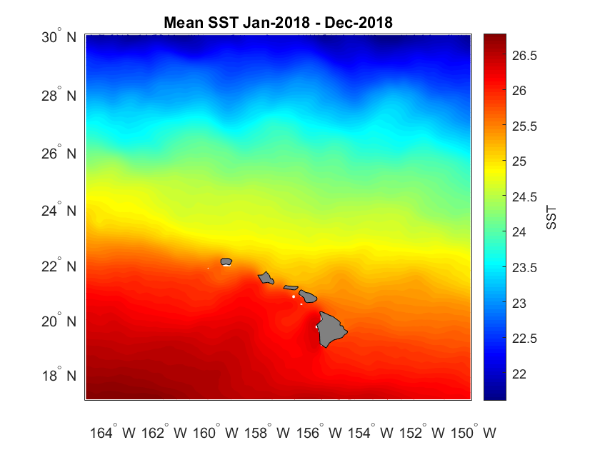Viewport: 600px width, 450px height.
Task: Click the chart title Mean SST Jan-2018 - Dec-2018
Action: pos(279,23)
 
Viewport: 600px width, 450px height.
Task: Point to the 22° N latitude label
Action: pos(59,266)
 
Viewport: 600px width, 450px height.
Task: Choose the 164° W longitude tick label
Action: pos(112,433)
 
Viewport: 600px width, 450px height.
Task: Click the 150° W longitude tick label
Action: pos(474,433)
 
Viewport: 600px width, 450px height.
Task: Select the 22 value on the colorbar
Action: pos(519,374)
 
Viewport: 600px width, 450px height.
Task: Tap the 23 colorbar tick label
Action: pos(519,303)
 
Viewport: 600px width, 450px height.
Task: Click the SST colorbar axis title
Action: pos(551,217)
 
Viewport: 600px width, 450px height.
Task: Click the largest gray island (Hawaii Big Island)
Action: pos(331,329)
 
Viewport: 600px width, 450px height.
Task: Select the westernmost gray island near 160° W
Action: pos(226,261)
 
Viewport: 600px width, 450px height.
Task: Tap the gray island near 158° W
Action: pos(266,277)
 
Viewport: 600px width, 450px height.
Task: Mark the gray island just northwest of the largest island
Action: pos(308,296)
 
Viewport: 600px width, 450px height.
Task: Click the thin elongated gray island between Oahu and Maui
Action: pos(291,287)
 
